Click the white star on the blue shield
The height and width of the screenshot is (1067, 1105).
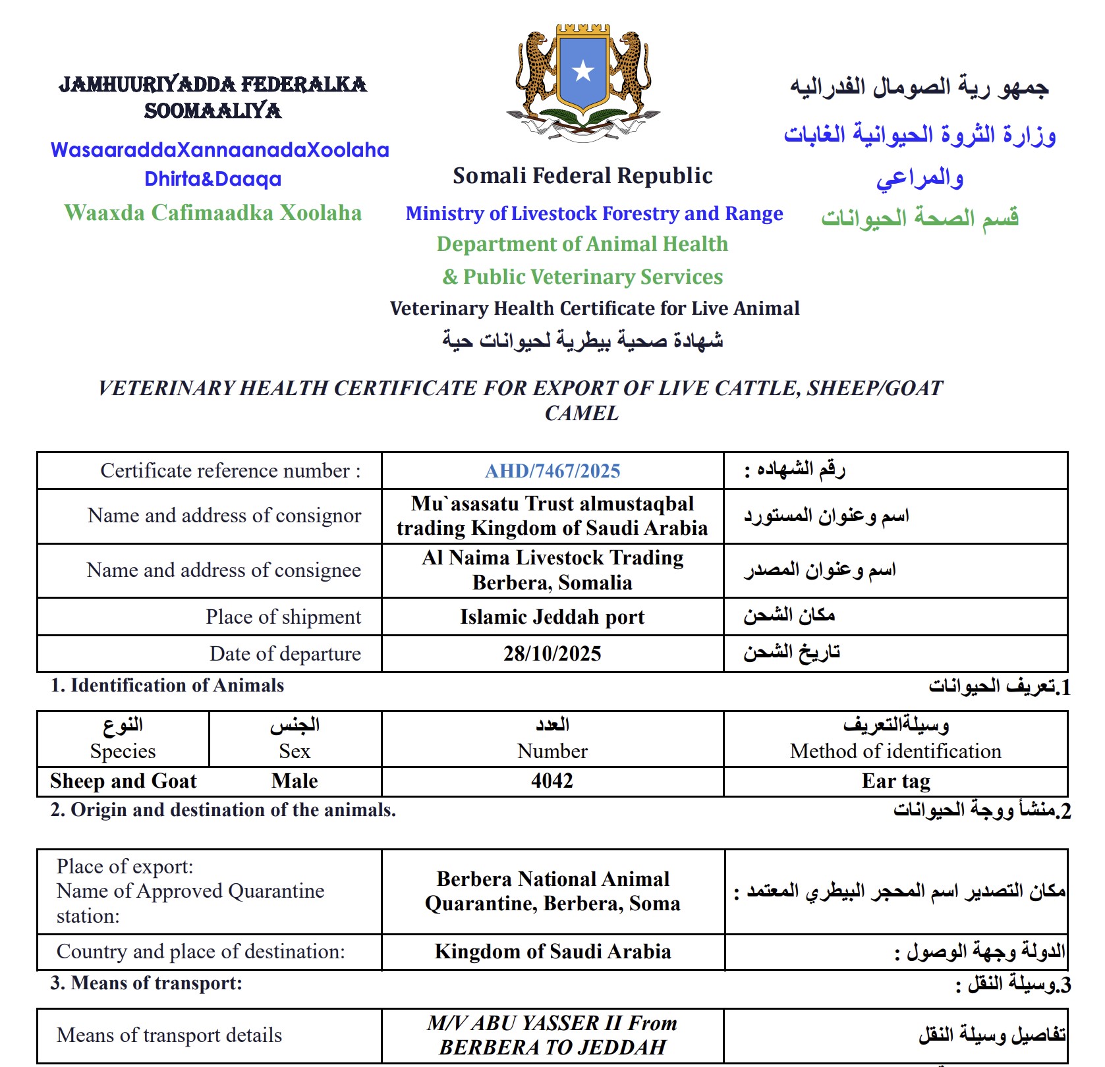[x=583, y=70]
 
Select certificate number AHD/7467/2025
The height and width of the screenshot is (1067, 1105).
[x=552, y=471]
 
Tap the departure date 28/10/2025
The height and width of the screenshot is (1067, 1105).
[x=552, y=653]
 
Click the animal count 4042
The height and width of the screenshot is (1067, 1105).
[x=552, y=781]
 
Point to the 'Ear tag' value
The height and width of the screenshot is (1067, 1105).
[x=895, y=781]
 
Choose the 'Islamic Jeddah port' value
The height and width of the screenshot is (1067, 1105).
[x=552, y=617]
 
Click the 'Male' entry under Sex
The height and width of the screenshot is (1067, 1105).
[x=295, y=781]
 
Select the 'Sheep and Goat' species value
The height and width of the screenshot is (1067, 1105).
[x=123, y=781]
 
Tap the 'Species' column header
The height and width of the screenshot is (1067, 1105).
[x=123, y=751]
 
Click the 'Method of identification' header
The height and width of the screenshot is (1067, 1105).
[x=895, y=751]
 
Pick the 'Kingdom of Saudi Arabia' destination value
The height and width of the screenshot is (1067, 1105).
[x=552, y=952]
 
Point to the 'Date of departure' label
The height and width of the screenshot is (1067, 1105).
[x=285, y=653]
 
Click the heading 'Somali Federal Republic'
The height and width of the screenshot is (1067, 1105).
[x=582, y=176]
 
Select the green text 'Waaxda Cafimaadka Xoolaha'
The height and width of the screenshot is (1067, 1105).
[x=213, y=213]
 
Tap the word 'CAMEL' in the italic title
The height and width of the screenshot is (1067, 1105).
[x=582, y=413]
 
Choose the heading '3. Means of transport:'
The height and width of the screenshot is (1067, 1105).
[x=146, y=983]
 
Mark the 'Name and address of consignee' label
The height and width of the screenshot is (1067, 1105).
[x=223, y=570]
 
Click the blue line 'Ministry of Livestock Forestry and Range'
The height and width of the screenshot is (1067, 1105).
[x=594, y=213]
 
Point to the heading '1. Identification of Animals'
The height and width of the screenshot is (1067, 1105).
[x=167, y=686]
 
